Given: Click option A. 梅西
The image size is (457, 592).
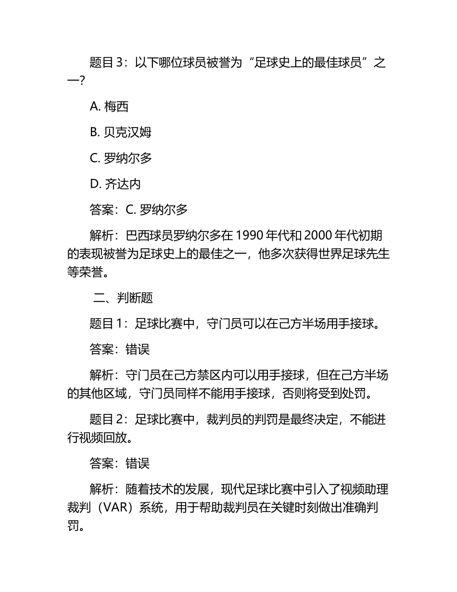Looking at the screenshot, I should [109, 106].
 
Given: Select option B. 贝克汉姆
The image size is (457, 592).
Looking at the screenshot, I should [121, 132].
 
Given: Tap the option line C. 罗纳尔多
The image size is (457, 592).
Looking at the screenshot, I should [121, 158].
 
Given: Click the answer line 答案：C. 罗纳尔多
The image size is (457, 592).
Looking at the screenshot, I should [139, 209].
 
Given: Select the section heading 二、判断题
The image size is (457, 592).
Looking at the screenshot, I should [123, 298].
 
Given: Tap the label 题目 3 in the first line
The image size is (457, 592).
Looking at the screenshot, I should [107, 63].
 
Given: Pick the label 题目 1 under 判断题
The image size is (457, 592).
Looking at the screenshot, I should [107, 323].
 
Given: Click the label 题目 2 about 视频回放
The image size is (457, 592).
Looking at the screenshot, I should [107, 420].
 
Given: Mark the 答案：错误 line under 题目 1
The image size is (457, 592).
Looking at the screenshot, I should [119, 349].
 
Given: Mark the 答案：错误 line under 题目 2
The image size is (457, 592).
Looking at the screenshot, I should [119, 463].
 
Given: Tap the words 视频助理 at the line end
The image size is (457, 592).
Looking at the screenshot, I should [365, 490].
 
